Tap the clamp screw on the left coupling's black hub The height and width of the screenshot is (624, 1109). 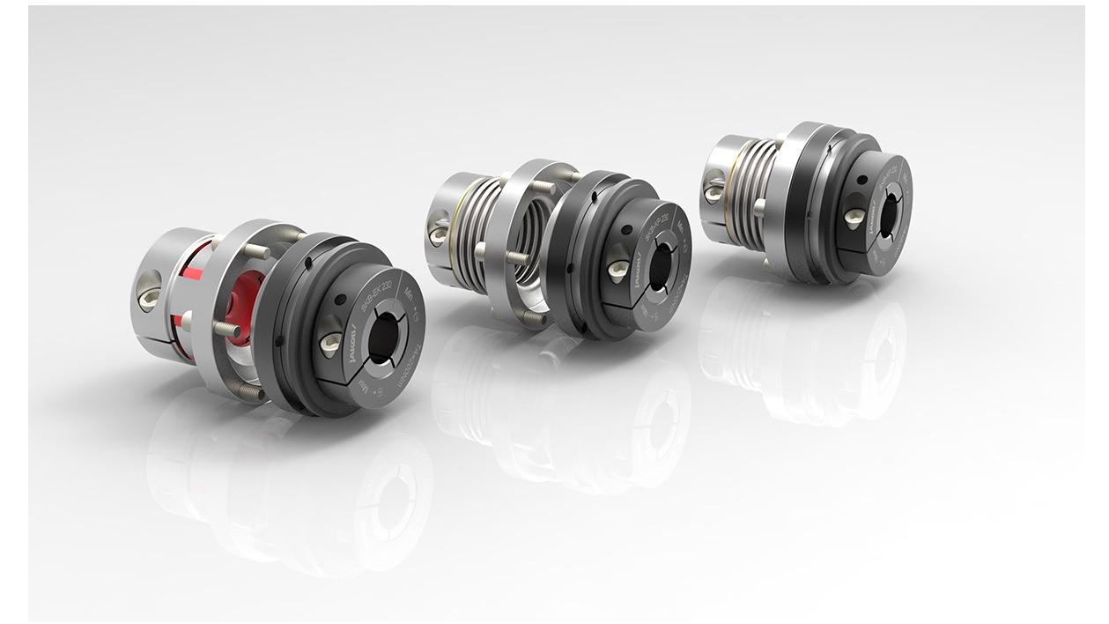pyautogui.click(x=330, y=345)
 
